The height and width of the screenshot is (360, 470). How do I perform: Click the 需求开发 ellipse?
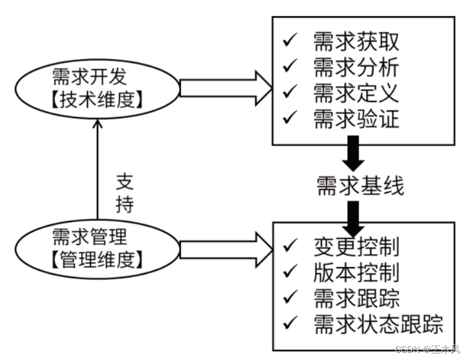[97, 88]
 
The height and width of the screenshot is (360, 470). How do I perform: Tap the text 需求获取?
[356, 42]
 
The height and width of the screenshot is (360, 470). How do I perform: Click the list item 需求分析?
[356, 67]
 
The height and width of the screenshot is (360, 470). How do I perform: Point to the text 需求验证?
[356, 118]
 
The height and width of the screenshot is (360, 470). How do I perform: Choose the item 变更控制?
[356, 246]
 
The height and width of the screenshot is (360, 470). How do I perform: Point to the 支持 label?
[125, 192]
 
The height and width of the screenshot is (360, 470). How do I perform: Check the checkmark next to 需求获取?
[290, 42]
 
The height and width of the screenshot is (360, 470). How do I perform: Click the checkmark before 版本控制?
[290, 272]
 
